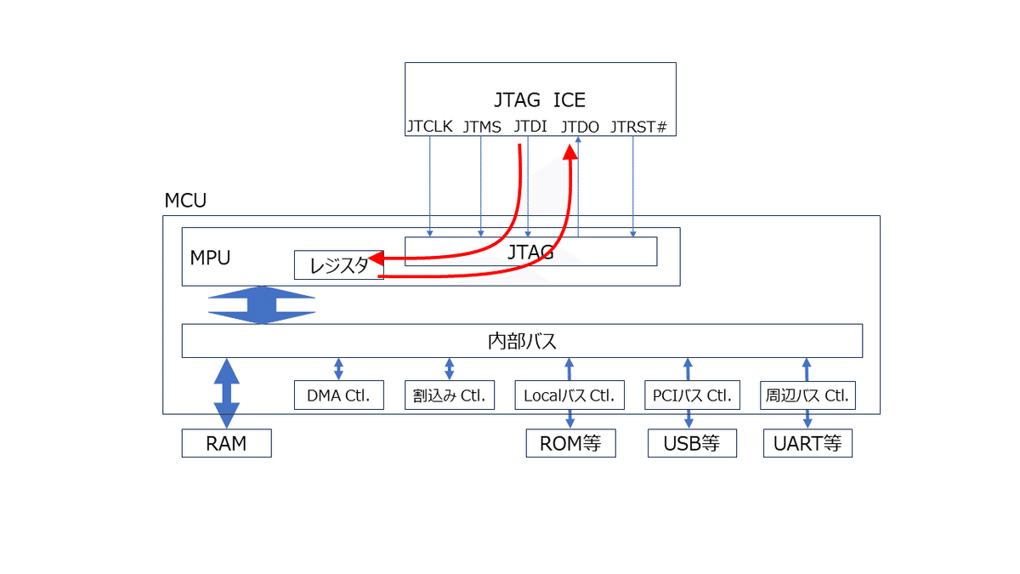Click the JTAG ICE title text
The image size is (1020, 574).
540,100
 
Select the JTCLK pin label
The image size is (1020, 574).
429,128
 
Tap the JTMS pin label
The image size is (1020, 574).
481,128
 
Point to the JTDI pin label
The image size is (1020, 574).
530,128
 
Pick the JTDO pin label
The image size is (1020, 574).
580,128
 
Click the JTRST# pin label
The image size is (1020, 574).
638,128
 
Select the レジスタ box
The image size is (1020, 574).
338,265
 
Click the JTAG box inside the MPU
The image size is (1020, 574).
530,252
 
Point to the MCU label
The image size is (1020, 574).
185,202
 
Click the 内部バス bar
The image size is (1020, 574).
522,341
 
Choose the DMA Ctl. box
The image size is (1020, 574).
338,395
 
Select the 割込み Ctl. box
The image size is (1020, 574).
449,395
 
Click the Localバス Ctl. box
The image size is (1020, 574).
569,395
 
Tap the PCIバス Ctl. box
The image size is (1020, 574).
692,395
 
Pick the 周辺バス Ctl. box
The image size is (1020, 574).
807,395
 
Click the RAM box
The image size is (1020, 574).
226,443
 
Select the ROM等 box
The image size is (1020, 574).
570,443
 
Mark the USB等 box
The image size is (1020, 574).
692,443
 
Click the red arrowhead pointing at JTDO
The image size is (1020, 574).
572,151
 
